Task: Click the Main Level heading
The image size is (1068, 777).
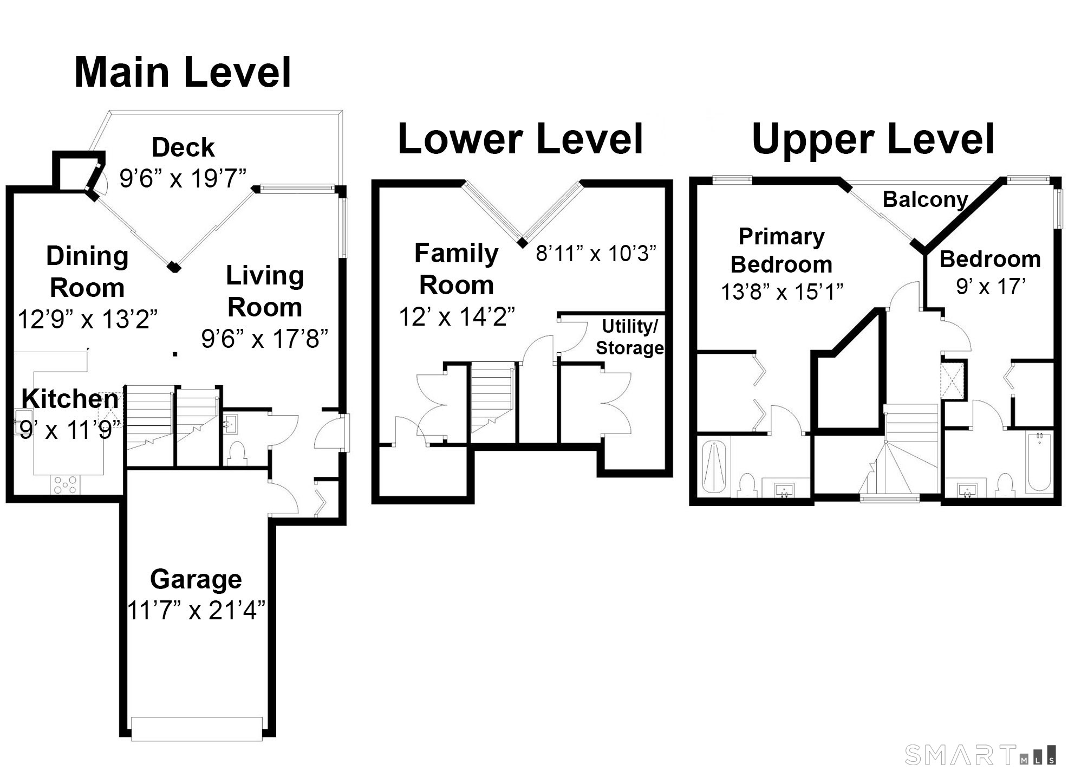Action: point(183,72)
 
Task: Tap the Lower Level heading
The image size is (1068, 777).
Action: point(520,139)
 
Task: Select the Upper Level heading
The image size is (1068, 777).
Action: point(874,139)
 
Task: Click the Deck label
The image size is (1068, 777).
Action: point(183,147)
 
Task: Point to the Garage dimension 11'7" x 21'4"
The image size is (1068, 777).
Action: point(196,611)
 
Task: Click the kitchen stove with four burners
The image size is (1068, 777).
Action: point(65,484)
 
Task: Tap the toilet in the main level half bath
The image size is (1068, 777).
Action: point(236,454)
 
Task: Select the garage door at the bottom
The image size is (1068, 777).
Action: point(197,729)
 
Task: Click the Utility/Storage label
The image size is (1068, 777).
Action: point(630,336)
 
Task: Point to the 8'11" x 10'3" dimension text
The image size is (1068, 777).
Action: point(596,253)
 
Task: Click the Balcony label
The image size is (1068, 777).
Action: point(926,199)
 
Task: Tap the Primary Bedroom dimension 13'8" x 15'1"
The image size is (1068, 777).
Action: point(782,292)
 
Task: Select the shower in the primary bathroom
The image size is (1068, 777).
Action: point(714,467)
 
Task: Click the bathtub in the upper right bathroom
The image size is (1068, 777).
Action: point(1039,462)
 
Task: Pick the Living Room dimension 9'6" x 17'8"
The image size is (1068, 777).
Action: point(265,339)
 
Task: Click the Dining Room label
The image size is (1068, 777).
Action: point(87,271)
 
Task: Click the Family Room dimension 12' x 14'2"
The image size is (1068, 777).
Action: point(457,316)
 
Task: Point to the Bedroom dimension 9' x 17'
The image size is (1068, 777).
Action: point(991,286)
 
